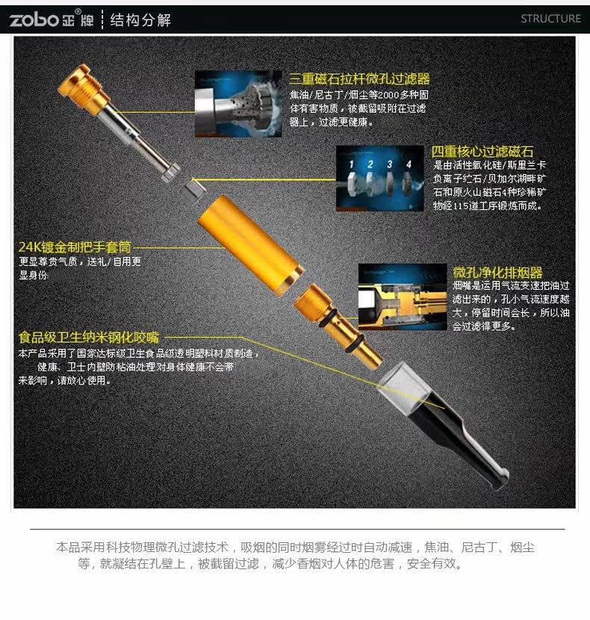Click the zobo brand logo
(x=52, y=19)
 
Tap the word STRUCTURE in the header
(x=550, y=19)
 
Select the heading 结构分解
(x=140, y=19)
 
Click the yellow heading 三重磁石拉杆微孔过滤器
(x=359, y=78)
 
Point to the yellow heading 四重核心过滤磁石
(x=482, y=152)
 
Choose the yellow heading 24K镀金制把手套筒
(x=75, y=247)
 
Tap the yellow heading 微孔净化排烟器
(x=497, y=272)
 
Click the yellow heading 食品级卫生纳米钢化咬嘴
(x=89, y=338)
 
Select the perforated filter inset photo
(x=238, y=104)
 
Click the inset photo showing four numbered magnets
(x=380, y=179)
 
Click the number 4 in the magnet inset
(x=409, y=164)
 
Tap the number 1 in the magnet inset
(x=351, y=164)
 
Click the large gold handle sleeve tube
(x=251, y=245)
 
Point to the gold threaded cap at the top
(x=84, y=90)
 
